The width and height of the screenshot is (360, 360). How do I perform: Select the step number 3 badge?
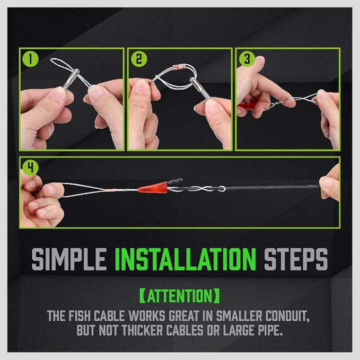245,58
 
